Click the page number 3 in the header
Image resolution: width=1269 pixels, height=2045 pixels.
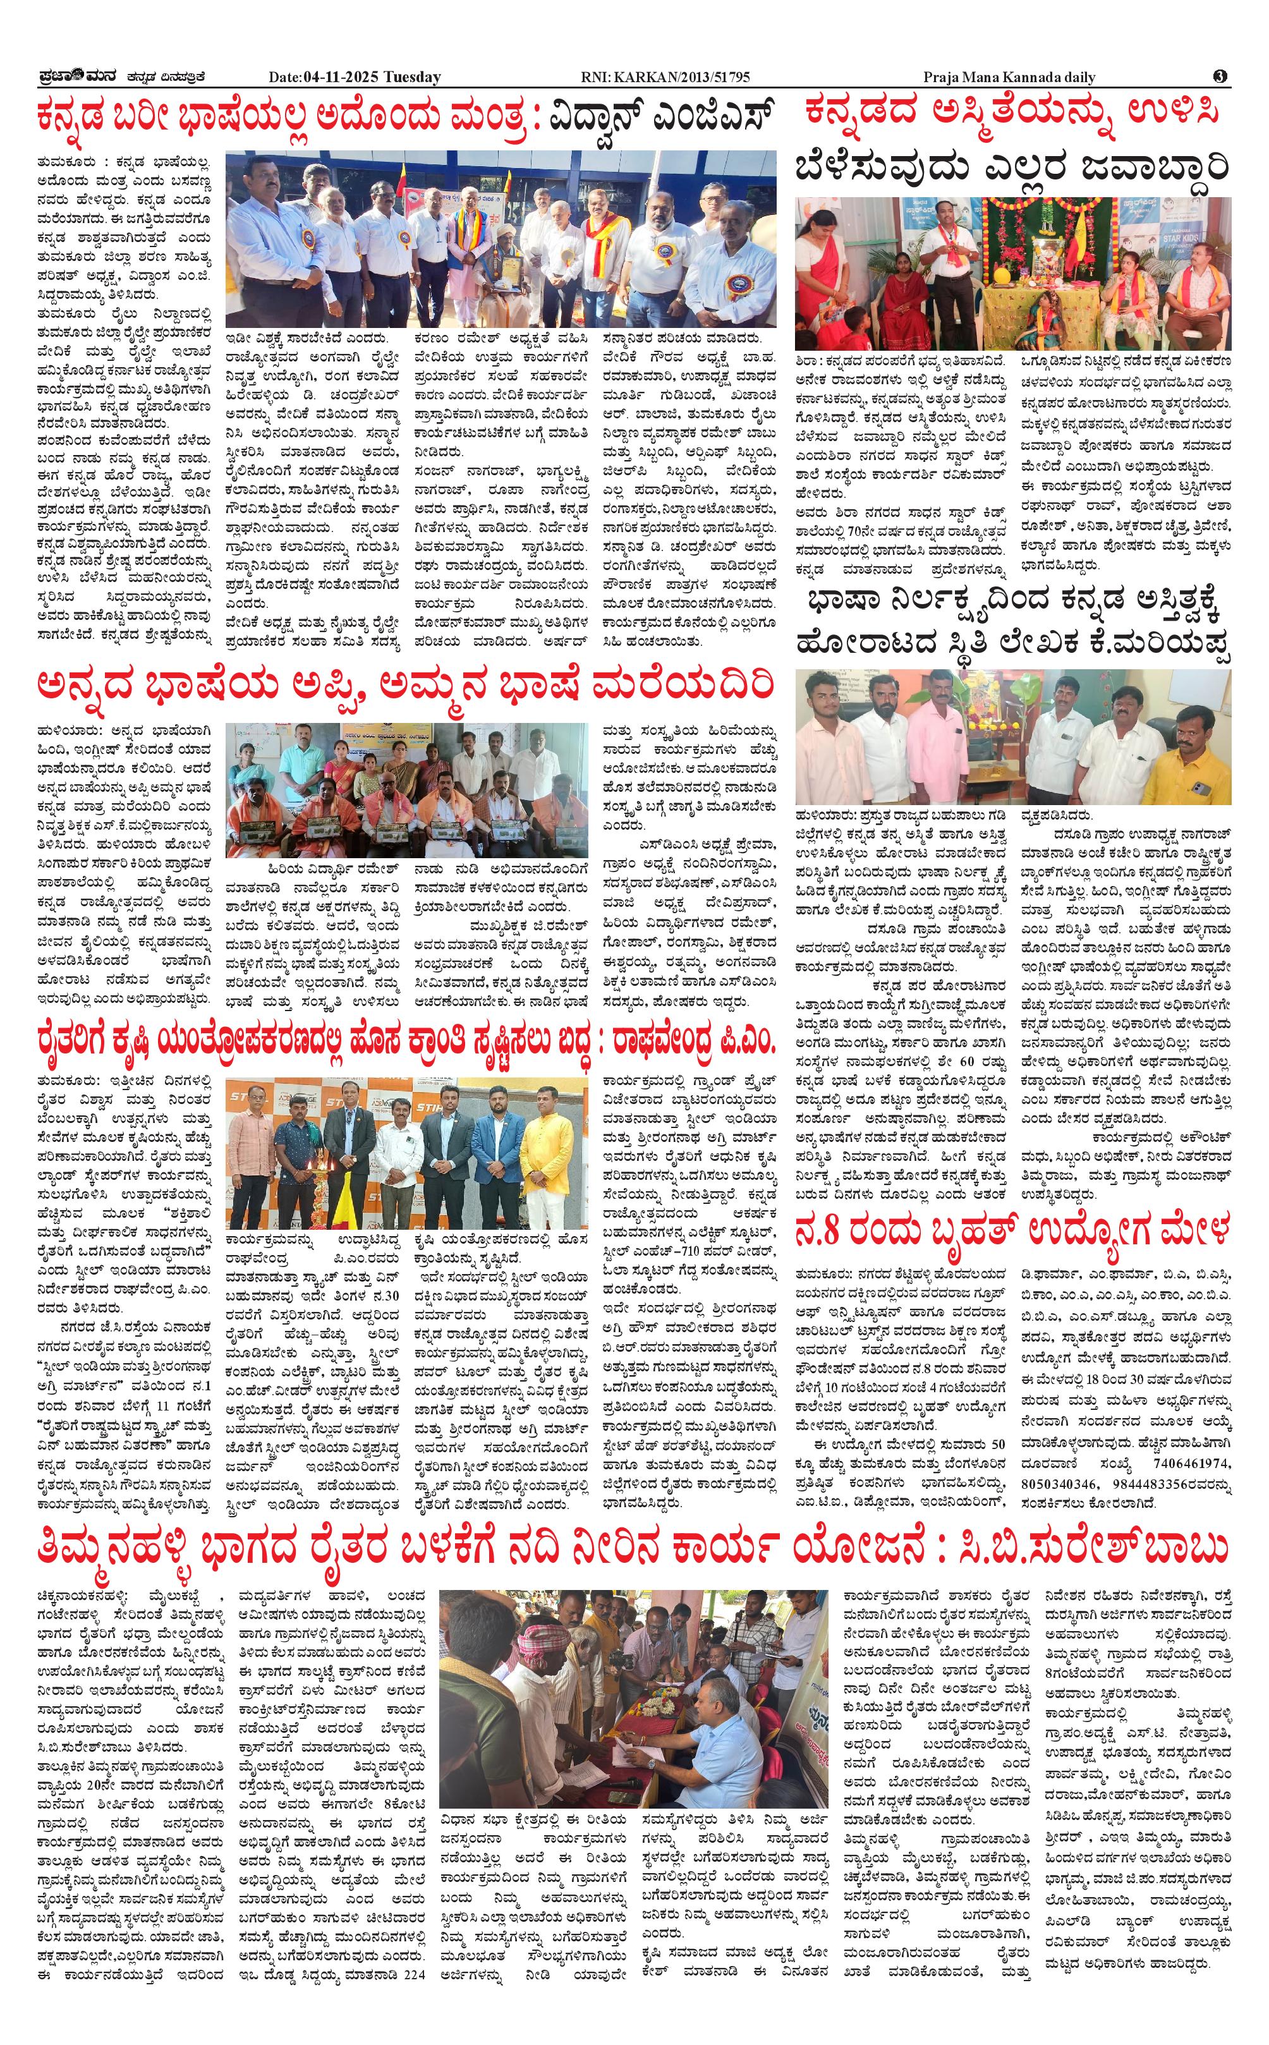(1220, 76)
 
